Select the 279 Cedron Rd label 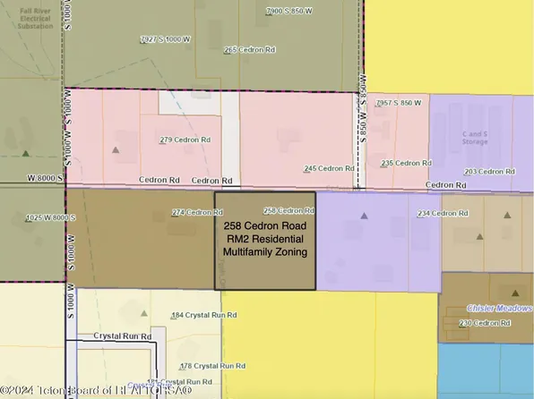(x=185, y=140)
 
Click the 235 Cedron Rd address (x=406, y=163)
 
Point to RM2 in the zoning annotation (x=236, y=240)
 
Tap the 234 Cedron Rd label (x=443, y=214)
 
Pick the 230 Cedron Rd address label (x=484, y=323)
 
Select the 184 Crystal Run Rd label (x=203, y=316)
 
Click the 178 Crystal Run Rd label (x=212, y=366)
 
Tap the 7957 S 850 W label (x=399, y=104)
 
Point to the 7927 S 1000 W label (x=168, y=39)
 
